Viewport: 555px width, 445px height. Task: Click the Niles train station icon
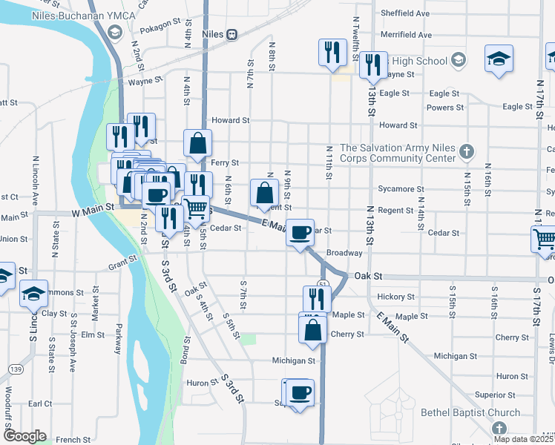tap(232, 34)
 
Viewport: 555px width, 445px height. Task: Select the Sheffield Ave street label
tap(405, 13)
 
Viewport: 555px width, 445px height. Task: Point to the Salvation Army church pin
tap(465, 152)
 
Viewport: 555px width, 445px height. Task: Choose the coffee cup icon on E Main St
tap(301, 232)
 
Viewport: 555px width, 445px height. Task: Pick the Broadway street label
tap(344, 253)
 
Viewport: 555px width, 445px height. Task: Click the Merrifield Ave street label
tap(405, 35)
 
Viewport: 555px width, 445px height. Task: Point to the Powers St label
tap(445, 108)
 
